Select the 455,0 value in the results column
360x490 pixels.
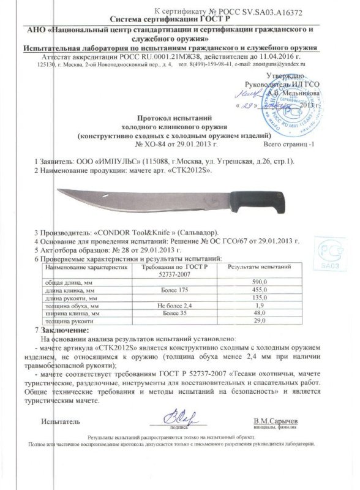point(259,290)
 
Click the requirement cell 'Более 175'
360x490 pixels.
point(174,290)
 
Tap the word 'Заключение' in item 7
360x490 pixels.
point(62,329)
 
